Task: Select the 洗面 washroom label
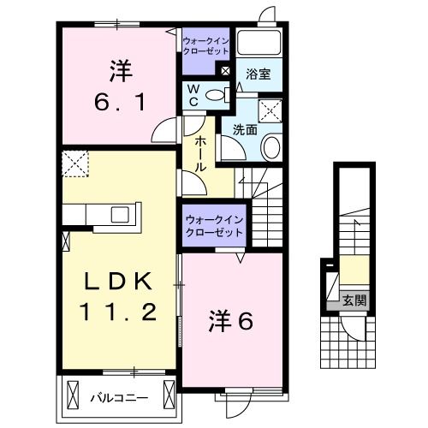[246, 130]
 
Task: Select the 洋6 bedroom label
[232, 321]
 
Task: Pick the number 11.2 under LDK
[120, 312]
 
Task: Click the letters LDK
[120, 281]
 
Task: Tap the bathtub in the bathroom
[262, 44]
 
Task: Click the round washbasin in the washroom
[270, 147]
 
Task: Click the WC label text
[194, 94]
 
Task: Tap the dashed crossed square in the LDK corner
[74, 163]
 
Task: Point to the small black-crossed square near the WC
[225, 72]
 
